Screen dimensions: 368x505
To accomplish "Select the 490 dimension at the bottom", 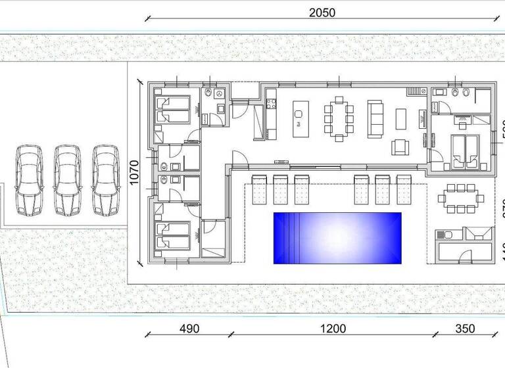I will point(189,329).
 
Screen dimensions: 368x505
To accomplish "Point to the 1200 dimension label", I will point(333,329).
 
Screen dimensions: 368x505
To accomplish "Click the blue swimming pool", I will point(337,237).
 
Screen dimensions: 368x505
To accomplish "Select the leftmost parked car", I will point(29,180).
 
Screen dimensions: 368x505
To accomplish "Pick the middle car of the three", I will point(67,180).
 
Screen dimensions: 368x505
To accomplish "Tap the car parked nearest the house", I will point(105,180).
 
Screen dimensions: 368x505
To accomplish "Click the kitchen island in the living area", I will point(299,118).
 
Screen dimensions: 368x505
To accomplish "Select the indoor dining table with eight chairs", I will point(339,118).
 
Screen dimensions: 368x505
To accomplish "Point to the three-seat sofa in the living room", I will point(375,118).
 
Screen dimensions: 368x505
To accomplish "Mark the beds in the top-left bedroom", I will point(174,109).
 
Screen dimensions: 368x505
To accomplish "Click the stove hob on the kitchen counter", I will point(270,103).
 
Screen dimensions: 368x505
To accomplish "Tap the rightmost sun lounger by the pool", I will point(402,190).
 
